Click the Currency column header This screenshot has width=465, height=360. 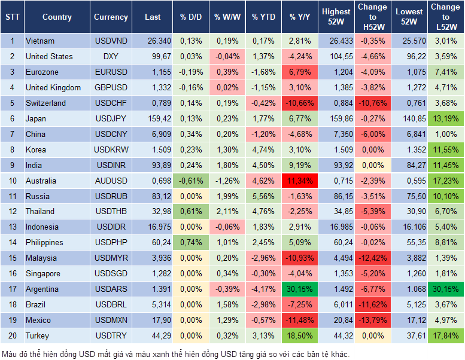(x=111, y=17)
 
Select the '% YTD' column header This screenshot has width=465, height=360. (x=263, y=17)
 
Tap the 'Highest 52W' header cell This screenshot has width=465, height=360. (x=336, y=17)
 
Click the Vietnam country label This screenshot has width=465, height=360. (x=40, y=41)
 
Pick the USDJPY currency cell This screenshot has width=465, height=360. (x=111, y=118)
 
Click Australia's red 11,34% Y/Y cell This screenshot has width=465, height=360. (x=300, y=181)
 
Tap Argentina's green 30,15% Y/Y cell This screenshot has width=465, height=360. (x=300, y=289)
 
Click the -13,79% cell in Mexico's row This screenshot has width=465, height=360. (x=372, y=320)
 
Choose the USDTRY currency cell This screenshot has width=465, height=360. (x=111, y=335)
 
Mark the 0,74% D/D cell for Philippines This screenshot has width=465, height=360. (x=190, y=243)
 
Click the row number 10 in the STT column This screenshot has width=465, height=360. (x=12, y=181)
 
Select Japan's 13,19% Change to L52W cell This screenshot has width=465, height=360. (x=445, y=118)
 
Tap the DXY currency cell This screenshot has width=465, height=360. (x=111, y=57)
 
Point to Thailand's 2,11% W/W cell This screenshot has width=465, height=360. (x=226, y=212)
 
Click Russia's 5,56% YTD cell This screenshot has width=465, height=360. (x=263, y=196)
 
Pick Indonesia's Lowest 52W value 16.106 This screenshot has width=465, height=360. (x=409, y=227)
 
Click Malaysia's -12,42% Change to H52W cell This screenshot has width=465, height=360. (x=372, y=258)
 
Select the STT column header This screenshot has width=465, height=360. (x=12, y=17)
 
